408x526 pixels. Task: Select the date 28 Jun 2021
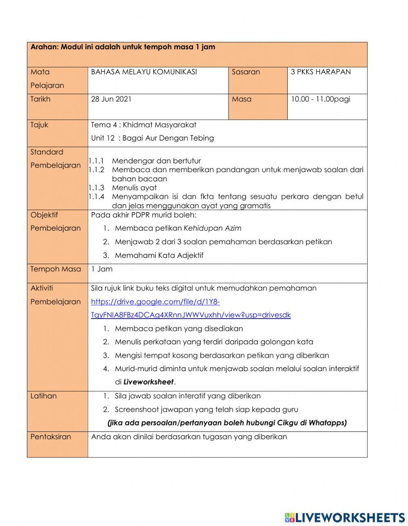pyautogui.click(x=111, y=99)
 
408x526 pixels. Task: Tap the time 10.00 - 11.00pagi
pyautogui.click(x=320, y=99)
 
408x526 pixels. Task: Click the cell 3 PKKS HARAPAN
pyautogui.click(x=320, y=72)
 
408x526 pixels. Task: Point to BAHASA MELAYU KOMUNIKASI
pyautogui.click(x=144, y=72)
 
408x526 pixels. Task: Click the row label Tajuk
pyautogui.click(x=39, y=125)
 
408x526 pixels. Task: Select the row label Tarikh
pyautogui.click(x=40, y=99)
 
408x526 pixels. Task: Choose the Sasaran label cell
pyautogui.click(x=246, y=72)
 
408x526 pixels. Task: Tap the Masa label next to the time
pyautogui.click(x=242, y=99)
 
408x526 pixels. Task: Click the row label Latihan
pyautogui.click(x=43, y=396)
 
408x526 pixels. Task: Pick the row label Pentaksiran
pyautogui.click(x=51, y=436)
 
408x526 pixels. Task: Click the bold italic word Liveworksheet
pyautogui.click(x=149, y=382)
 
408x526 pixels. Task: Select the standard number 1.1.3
pyautogui.click(x=96, y=188)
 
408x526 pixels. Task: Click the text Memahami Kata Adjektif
pyautogui.click(x=159, y=255)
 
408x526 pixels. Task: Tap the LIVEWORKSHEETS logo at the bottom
pyautogui.click(x=345, y=517)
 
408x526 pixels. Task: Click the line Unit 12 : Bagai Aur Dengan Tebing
pyautogui.click(x=152, y=138)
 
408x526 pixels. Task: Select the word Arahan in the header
pyautogui.click(x=44, y=47)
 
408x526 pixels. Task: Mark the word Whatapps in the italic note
pyautogui.click(x=327, y=423)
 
